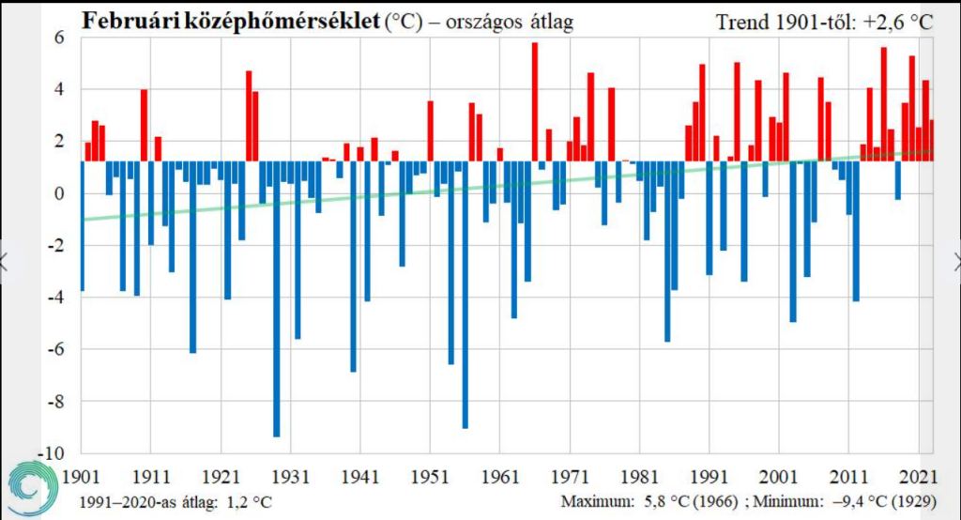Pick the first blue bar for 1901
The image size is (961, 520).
coord(82,226)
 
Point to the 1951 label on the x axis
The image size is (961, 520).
coord(429,475)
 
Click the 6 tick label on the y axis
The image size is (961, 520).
coord(56,38)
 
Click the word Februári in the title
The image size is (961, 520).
coord(129,21)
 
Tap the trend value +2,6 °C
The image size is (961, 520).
coord(896,21)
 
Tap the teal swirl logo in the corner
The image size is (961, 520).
coord(32,489)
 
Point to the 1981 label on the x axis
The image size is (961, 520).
coord(640,475)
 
